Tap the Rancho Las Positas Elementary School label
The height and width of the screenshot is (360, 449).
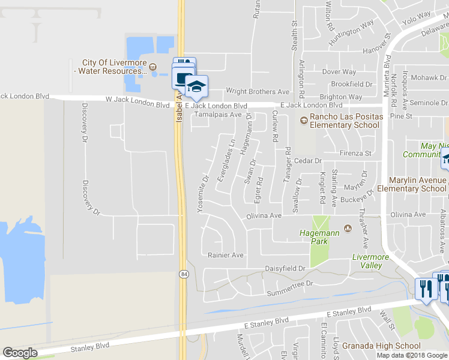pyautogui.click(x=345, y=121)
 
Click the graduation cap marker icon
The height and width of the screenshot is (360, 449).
pyautogui.click(x=196, y=87)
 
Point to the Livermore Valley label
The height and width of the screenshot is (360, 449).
pyautogui.click(x=371, y=261)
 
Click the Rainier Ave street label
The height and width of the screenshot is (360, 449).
pyautogui.click(x=225, y=255)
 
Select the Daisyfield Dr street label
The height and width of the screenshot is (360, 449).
pyautogui.click(x=285, y=269)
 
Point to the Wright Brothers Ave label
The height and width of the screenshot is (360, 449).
pyautogui.click(x=258, y=92)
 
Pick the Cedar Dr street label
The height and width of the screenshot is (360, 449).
pyautogui.click(x=309, y=161)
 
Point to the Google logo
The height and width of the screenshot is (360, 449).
pyautogui.click(x=20, y=353)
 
